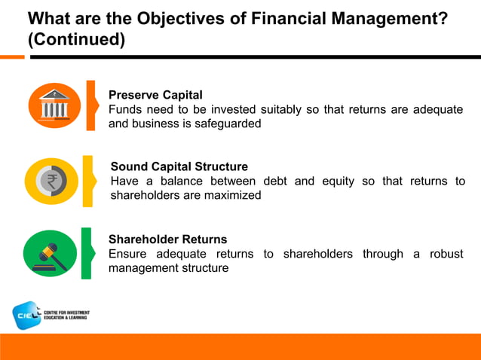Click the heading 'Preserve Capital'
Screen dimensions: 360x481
point(155,95)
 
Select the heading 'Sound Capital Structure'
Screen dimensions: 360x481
point(179,166)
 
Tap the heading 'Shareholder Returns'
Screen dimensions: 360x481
point(167,239)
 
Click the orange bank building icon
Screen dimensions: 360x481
point(52,105)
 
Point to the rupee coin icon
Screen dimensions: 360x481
point(51,182)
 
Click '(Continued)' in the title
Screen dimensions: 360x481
point(76,39)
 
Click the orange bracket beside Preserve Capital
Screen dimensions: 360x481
point(90,105)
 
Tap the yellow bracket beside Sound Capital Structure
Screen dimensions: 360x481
point(87,181)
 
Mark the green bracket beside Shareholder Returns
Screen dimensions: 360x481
point(87,253)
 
